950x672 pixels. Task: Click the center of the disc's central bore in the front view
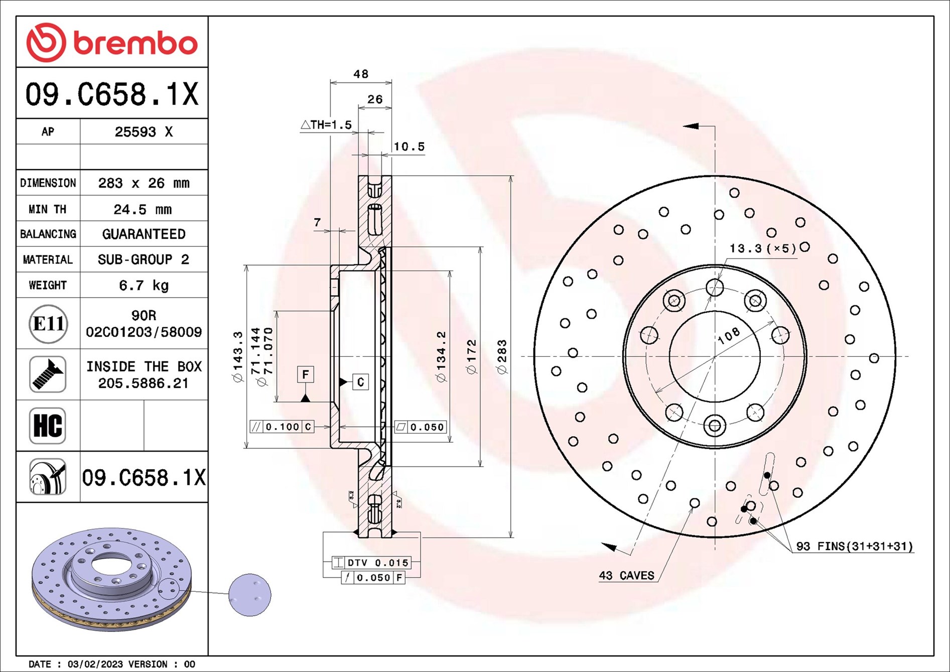click(715, 357)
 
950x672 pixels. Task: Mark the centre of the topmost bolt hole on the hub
click(715, 288)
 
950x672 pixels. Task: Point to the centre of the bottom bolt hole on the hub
click(715, 426)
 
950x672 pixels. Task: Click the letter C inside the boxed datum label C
click(360, 382)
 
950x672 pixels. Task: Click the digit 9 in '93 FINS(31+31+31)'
click(800, 546)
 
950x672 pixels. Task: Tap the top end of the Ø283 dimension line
click(511, 176)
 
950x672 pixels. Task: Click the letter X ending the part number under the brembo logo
click(190, 94)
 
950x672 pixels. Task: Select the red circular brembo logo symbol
click(46, 42)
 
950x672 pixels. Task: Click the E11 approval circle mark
click(48, 324)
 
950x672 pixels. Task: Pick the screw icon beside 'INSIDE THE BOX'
click(48, 374)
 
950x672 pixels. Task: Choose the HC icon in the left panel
click(48, 426)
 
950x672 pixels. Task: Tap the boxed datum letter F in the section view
click(305, 375)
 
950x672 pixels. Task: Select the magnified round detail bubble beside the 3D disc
click(250, 595)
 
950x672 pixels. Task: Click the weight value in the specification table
click(144, 286)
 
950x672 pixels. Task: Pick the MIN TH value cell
click(143, 209)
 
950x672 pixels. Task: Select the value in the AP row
click(144, 132)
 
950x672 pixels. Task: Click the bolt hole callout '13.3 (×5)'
click(763, 248)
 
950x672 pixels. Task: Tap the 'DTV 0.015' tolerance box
click(371, 563)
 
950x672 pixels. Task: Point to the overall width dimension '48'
click(361, 74)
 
